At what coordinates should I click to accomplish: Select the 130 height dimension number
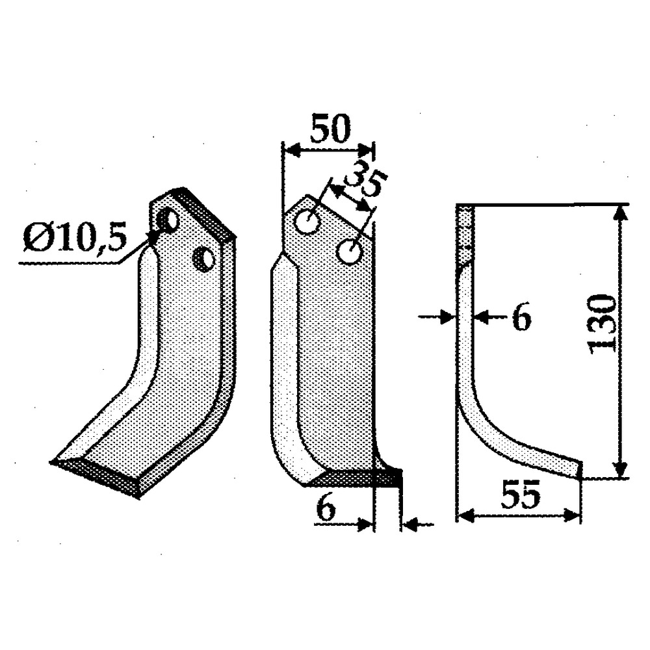tap(602, 323)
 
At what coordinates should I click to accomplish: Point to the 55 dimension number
tap(521, 497)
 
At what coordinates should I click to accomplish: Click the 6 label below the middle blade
tap(326, 509)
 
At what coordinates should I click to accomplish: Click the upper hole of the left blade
tap(170, 222)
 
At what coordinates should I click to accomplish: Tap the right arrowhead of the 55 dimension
tap(573, 516)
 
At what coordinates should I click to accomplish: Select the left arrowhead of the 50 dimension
tap(290, 151)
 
